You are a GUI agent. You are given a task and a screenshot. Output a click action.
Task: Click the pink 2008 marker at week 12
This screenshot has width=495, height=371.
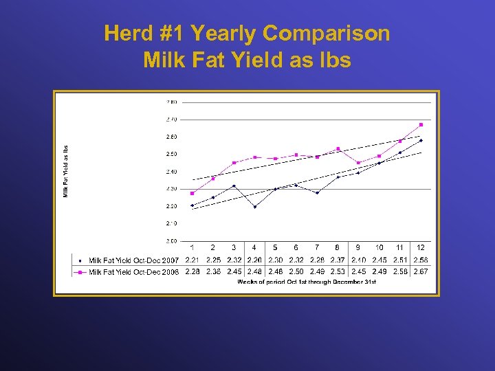click(x=421, y=125)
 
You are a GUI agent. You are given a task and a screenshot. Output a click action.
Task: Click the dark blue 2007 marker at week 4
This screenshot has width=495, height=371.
click(x=254, y=207)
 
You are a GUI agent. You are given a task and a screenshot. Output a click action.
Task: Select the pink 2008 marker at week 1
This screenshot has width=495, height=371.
click(x=192, y=193)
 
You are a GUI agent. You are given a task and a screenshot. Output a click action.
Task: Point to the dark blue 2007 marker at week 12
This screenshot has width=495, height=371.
click(x=421, y=140)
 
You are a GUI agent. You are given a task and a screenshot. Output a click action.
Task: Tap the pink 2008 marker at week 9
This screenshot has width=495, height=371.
click(x=358, y=163)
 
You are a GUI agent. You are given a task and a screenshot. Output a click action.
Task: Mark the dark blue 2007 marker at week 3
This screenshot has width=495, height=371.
click(x=234, y=185)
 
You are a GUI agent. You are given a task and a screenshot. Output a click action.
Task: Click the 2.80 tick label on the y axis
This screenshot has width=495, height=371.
click(x=171, y=102)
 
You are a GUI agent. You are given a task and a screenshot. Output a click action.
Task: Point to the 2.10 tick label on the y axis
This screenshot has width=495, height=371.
click(x=171, y=223)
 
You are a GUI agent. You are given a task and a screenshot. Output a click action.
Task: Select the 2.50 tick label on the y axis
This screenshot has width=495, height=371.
click(x=171, y=154)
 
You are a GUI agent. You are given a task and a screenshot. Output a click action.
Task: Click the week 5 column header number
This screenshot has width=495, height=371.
click(x=275, y=247)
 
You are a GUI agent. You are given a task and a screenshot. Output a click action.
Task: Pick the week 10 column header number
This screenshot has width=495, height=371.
click(x=379, y=247)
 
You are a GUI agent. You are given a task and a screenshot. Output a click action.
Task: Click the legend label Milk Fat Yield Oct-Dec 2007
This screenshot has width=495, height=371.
click(x=133, y=260)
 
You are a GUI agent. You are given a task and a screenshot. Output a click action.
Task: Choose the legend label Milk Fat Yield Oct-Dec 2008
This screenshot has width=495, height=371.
click(x=133, y=272)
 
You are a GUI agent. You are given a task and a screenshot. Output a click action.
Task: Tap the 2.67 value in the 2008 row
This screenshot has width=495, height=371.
click(x=421, y=272)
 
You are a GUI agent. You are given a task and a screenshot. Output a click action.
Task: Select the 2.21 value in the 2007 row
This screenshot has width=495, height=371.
click(x=192, y=260)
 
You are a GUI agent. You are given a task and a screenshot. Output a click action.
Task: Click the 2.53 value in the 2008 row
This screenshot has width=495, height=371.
click(x=338, y=272)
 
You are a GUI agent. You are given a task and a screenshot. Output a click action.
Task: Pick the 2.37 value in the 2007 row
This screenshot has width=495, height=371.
click(x=338, y=260)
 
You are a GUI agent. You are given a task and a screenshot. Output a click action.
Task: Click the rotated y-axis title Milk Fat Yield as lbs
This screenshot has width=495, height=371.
click(x=67, y=171)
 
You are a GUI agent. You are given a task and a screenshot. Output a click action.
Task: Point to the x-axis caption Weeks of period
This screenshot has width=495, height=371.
click(x=307, y=282)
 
